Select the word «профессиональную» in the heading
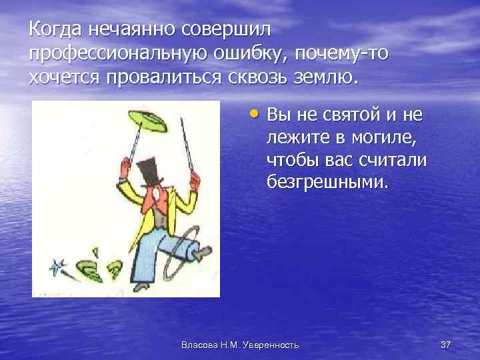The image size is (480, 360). click(x=110, y=54)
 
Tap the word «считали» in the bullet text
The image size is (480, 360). click(x=393, y=161)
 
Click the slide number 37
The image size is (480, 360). click(x=446, y=344)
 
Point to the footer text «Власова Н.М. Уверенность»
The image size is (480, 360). click(x=240, y=344)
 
